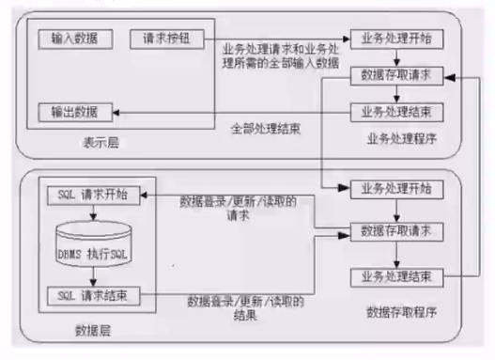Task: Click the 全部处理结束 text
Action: click(267, 129)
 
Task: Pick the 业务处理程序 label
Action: click(402, 140)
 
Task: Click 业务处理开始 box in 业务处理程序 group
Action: click(395, 40)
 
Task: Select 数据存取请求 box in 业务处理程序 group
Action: click(395, 74)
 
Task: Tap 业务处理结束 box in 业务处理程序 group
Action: click(395, 109)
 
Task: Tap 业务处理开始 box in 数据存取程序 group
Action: click(395, 187)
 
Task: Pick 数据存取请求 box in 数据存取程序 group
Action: click(395, 230)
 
